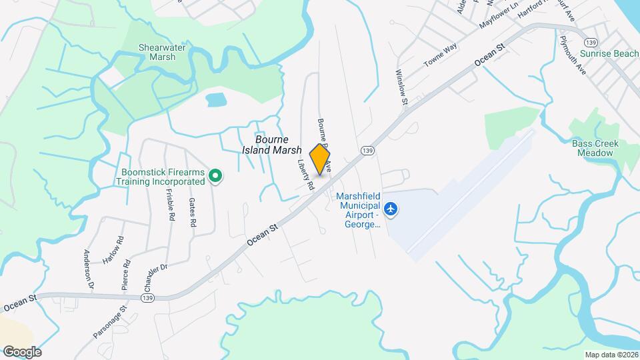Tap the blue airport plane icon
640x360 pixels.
pos(391,210)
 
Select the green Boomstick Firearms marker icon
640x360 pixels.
pos(215,176)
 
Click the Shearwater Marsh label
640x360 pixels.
pos(157,52)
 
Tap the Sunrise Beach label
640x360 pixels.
pos(609,53)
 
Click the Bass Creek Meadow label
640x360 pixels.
pos(595,148)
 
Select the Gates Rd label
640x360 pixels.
pos(192,213)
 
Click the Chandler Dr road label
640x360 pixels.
pos(154,277)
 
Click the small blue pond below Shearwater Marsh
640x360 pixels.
pos(215,101)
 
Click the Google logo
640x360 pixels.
pos(22,351)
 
